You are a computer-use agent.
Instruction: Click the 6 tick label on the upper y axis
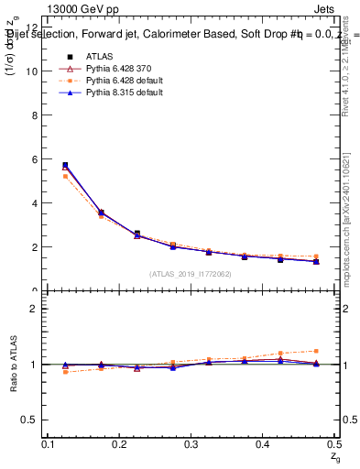click(34, 159)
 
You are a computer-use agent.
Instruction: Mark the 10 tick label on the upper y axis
click(32, 71)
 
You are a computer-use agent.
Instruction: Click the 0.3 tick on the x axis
click(191, 444)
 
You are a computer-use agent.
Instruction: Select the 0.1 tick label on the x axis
click(48, 444)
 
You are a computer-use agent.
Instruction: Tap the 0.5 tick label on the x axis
click(333, 444)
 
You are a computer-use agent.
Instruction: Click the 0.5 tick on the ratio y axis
click(31, 420)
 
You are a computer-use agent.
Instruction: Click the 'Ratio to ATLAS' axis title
click(13, 365)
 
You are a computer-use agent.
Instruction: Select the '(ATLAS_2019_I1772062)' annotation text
click(190, 273)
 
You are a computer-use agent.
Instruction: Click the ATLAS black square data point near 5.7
click(65, 165)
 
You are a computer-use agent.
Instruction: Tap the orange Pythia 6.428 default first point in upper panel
click(65, 176)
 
